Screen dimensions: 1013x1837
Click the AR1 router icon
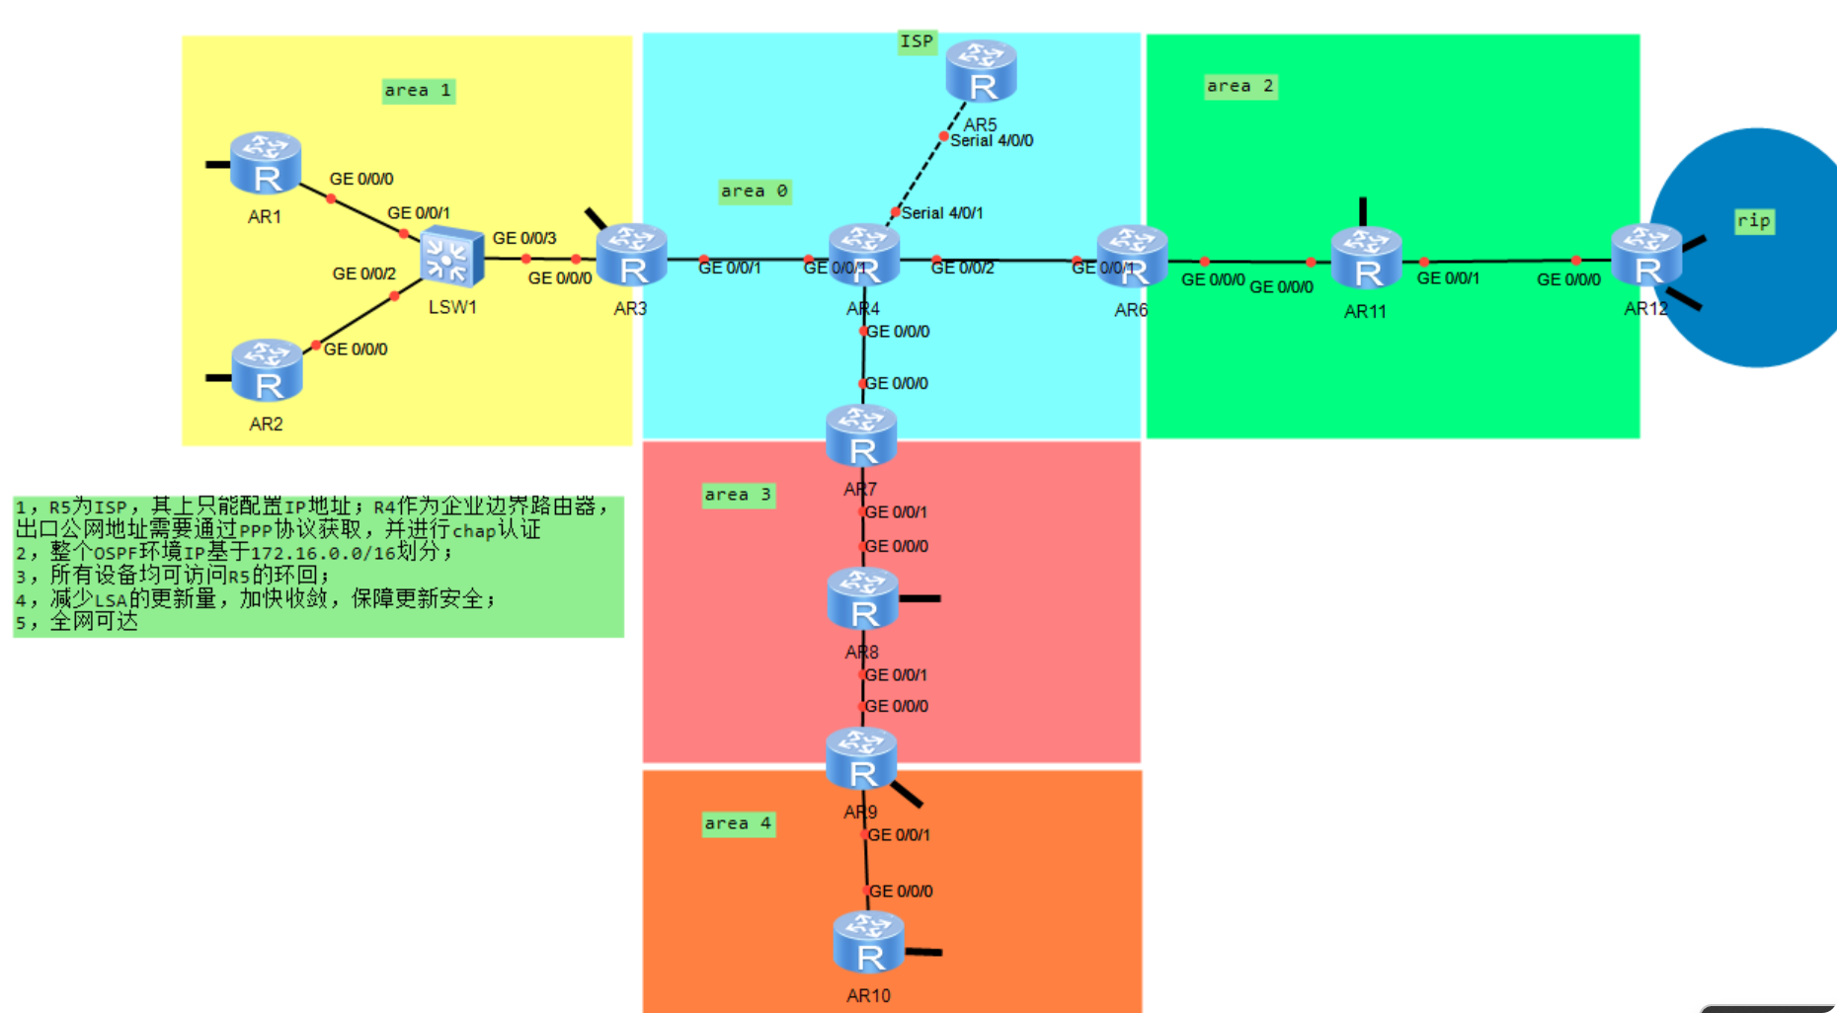click(x=265, y=164)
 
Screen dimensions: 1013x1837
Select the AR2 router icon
click(x=267, y=371)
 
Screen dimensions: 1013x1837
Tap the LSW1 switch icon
click(x=451, y=258)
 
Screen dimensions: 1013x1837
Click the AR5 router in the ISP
click(x=981, y=72)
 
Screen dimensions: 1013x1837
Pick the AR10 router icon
click(x=868, y=943)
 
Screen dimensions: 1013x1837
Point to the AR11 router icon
click(x=1366, y=259)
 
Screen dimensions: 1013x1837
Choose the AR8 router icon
click(x=862, y=599)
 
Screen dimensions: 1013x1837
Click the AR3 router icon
click(x=632, y=256)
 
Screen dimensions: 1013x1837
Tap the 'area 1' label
click(x=418, y=91)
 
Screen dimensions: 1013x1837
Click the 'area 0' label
click(x=754, y=192)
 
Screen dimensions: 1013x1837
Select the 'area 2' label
click(x=1240, y=87)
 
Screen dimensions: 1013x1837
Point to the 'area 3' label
click(x=738, y=495)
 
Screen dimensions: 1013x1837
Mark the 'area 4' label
click(x=738, y=823)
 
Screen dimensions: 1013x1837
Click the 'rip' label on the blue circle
click(x=1754, y=221)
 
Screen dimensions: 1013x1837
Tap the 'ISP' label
click(x=917, y=41)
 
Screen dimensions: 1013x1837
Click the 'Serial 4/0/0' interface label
click(x=992, y=141)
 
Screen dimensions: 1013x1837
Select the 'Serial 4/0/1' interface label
click(x=942, y=213)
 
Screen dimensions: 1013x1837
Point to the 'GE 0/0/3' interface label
click(x=524, y=238)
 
